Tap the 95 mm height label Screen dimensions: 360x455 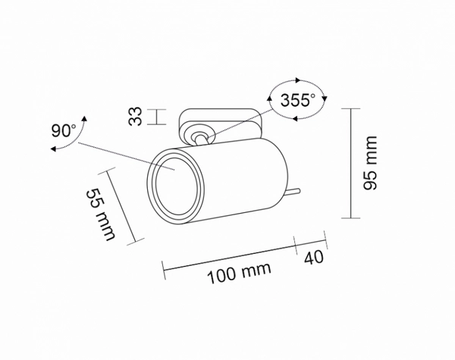click(x=370, y=163)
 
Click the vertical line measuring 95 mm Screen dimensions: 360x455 click(x=350, y=163)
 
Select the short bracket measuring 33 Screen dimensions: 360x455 click(x=158, y=117)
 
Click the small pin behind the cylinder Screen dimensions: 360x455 click(x=295, y=191)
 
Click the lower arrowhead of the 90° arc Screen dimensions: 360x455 click(x=53, y=151)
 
